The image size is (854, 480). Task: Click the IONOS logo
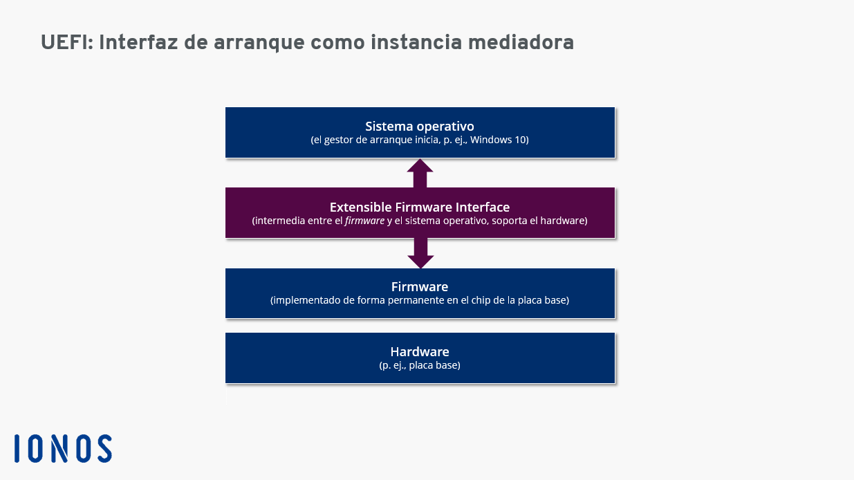(64, 448)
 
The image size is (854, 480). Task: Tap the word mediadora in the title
(521, 42)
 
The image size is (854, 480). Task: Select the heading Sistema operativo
(420, 126)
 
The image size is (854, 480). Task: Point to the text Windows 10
(498, 140)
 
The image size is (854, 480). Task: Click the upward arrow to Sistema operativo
(420, 173)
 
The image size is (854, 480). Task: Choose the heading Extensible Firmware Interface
(420, 207)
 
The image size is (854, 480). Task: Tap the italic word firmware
(364, 221)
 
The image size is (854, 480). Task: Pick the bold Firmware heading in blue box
(420, 287)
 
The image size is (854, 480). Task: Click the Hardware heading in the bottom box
(420, 351)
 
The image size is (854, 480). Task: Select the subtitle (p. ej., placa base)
(420, 365)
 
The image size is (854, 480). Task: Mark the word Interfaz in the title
(138, 42)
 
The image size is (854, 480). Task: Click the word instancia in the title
(416, 42)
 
